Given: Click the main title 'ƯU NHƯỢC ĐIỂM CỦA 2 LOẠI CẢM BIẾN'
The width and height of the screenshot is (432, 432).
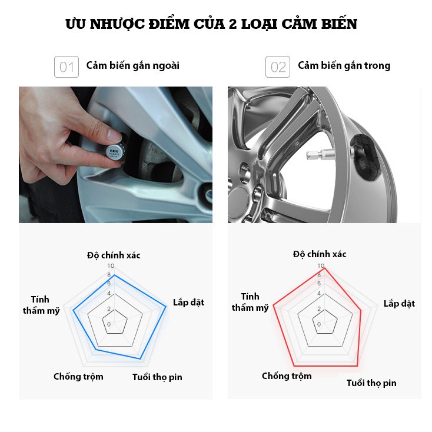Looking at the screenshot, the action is [x=211, y=24].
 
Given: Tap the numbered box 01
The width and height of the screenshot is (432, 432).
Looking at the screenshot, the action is [x=67, y=67].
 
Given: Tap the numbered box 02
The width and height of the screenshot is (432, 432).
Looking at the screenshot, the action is [x=278, y=67].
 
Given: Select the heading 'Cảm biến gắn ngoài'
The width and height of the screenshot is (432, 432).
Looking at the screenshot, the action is [x=133, y=66].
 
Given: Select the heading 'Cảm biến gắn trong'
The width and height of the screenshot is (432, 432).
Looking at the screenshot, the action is [x=344, y=66].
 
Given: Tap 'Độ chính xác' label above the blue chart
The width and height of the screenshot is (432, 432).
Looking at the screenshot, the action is [x=114, y=255].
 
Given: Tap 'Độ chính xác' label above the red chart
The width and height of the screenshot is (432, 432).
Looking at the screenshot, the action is [x=320, y=254].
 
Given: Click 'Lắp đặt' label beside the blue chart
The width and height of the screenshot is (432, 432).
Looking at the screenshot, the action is [x=188, y=303].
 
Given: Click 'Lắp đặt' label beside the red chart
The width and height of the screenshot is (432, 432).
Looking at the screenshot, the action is [x=399, y=304].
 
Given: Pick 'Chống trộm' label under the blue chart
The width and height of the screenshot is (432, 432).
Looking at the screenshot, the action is [x=78, y=377].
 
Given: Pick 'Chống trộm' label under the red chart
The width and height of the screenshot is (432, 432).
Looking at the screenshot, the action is [x=287, y=376].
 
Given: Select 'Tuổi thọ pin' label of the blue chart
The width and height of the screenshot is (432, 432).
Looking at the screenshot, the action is [x=157, y=377].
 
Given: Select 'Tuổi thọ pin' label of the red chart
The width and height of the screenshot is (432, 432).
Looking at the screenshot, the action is [x=371, y=383].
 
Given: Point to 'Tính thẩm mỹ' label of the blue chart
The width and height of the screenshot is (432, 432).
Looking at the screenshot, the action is [x=41, y=305].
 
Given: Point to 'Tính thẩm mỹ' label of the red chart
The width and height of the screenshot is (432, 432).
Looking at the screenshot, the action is [x=250, y=303].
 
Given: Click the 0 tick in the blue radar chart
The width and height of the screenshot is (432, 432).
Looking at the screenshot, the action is [x=109, y=324].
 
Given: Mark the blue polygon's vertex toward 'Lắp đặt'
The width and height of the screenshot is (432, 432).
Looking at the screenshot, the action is [x=166, y=307].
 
